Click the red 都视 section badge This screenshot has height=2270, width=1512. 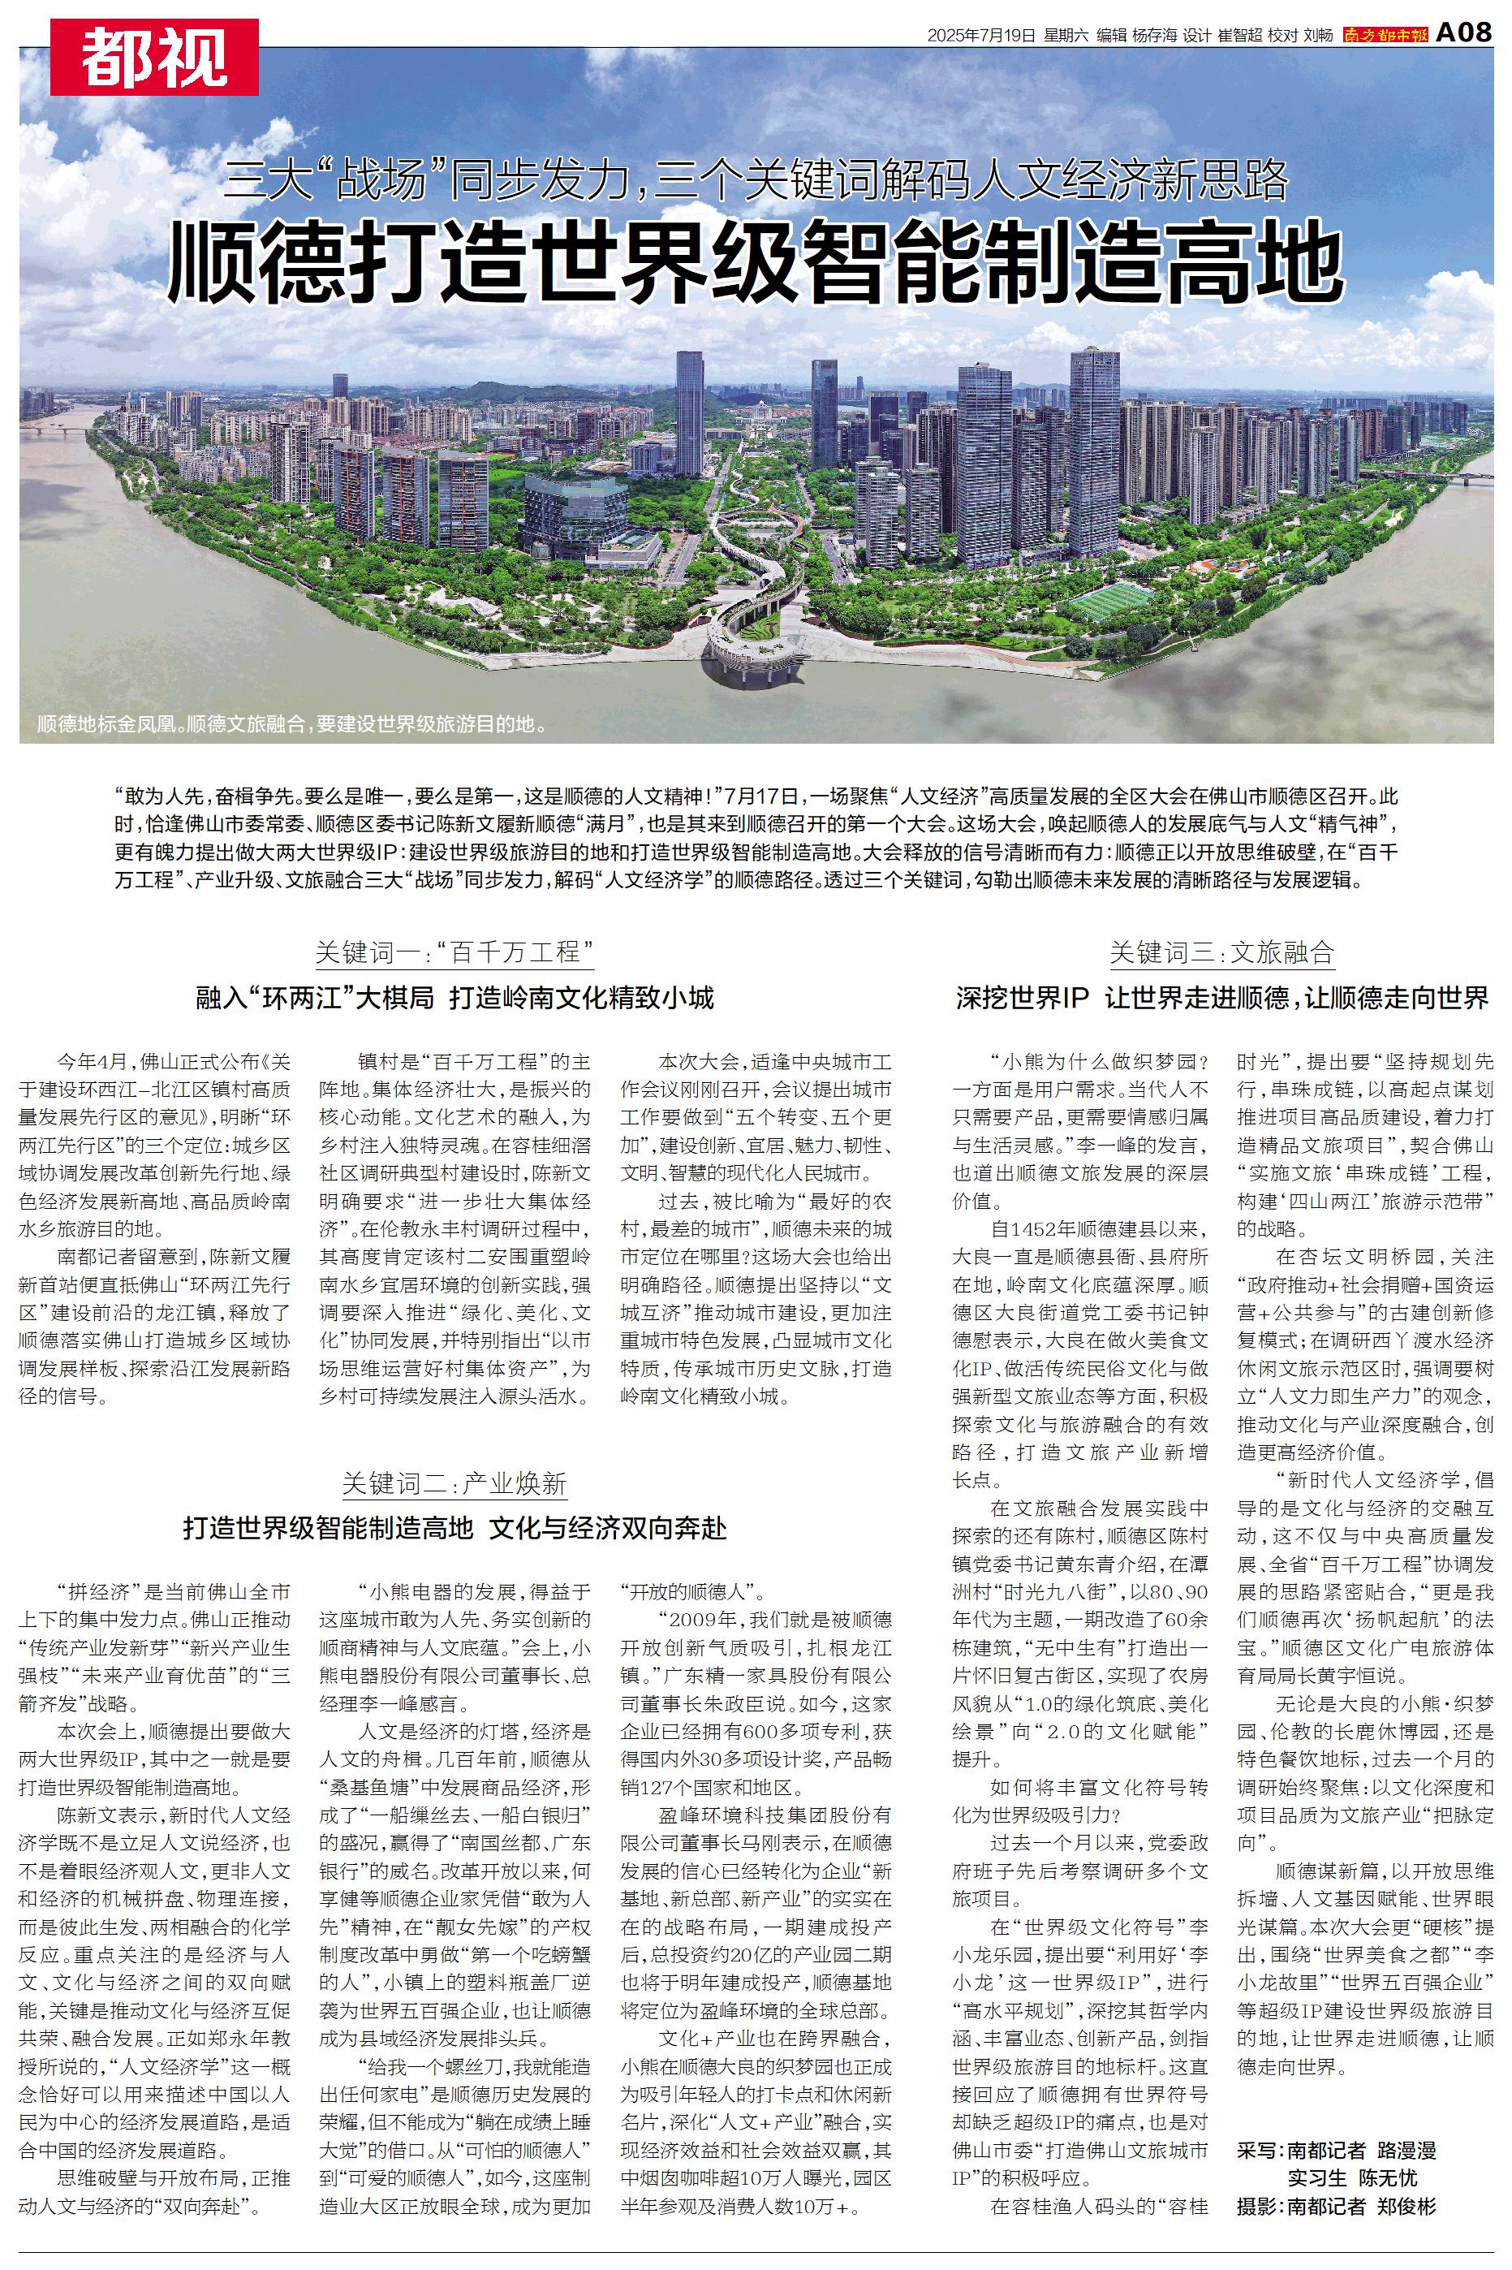pos(154,57)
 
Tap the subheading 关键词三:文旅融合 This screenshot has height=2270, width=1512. pos(1221,953)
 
